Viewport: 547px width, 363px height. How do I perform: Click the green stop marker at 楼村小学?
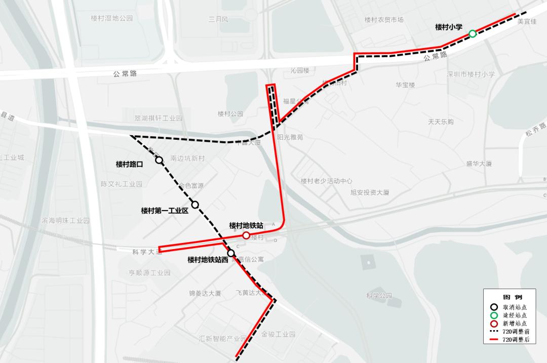click(473, 33)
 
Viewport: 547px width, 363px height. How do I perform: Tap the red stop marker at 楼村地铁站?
click(246, 235)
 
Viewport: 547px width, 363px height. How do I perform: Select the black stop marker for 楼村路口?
click(159, 160)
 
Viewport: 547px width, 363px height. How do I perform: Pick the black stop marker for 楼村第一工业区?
click(195, 205)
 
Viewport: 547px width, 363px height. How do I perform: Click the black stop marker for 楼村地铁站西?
click(231, 253)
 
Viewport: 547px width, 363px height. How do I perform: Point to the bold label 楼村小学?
click(449, 27)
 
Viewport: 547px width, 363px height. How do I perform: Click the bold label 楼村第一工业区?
click(165, 210)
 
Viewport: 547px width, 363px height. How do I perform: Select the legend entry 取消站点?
click(515, 306)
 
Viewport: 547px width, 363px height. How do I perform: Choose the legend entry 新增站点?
click(515, 323)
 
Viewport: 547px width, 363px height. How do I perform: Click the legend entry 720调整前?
click(516, 331)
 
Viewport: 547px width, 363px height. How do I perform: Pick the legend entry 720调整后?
click(516, 340)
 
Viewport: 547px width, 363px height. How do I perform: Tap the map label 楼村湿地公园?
click(111, 18)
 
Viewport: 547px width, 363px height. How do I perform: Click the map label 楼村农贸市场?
click(384, 20)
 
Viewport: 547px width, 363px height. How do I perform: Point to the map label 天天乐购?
click(441, 122)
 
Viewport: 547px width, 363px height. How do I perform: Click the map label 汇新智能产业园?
click(222, 339)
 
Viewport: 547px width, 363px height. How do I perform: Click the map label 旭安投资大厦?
click(370, 192)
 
